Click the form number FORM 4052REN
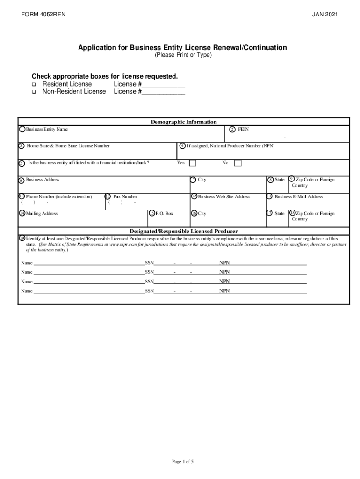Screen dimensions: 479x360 click(x=43, y=15)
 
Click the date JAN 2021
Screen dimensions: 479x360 click(x=325, y=15)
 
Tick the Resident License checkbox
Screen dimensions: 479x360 click(x=34, y=84)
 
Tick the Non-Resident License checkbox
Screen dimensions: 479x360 click(x=34, y=92)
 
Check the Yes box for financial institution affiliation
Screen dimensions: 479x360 click(x=193, y=163)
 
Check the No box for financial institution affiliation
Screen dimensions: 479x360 click(x=238, y=163)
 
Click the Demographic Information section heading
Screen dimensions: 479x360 click(x=183, y=122)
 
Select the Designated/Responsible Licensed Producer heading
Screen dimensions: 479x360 click(x=183, y=231)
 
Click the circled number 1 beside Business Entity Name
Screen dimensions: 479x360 click(x=22, y=129)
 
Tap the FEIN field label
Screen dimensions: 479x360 click(x=243, y=129)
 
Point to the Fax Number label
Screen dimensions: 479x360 click(x=125, y=197)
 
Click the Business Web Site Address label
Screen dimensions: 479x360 click(x=224, y=197)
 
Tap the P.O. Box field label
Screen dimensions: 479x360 click(x=164, y=214)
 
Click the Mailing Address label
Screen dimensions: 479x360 click(x=42, y=214)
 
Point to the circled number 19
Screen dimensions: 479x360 click(x=22, y=238)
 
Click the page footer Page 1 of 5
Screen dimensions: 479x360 click(x=183, y=449)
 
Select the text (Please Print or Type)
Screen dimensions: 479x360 click(x=183, y=55)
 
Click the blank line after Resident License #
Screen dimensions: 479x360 click(x=163, y=85)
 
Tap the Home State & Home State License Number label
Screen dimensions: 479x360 click(x=68, y=146)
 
